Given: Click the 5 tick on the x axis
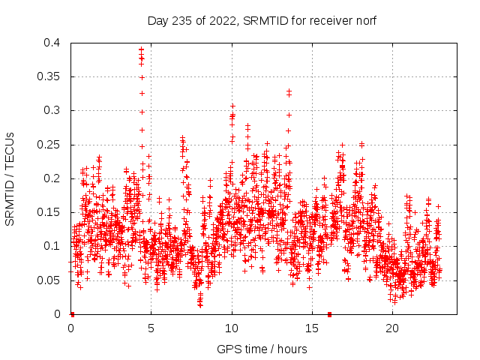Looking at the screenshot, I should [x=151, y=328].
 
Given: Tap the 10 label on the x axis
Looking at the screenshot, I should [x=232, y=328].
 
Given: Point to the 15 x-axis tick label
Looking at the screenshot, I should [x=312, y=328].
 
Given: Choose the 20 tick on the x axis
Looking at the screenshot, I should [x=392, y=328].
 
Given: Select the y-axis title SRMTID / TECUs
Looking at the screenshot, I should [x=10, y=178].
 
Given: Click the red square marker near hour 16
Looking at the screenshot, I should [x=329, y=314].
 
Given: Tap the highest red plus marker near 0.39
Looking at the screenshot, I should [x=141, y=49].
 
